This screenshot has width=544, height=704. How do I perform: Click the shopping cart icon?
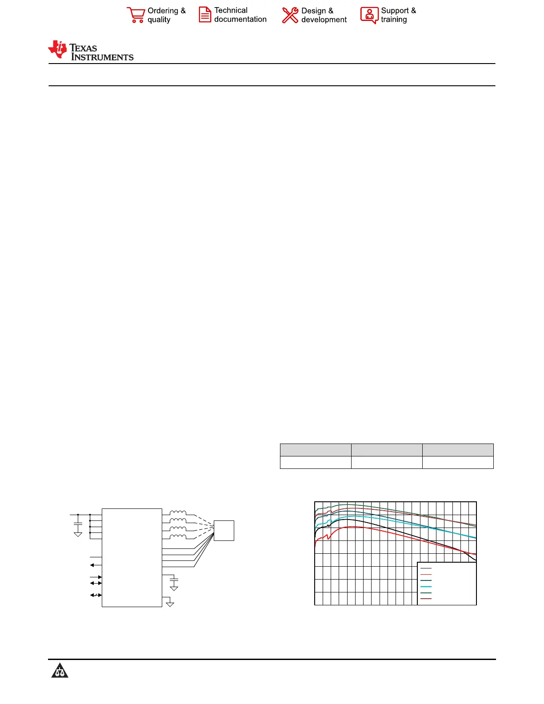[x=136, y=15]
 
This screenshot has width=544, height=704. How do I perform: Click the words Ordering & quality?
[x=167, y=15]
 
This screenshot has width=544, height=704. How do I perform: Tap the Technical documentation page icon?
[x=205, y=15]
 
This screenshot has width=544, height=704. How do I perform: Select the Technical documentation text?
[x=240, y=15]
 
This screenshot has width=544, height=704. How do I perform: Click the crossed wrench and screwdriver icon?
[x=290, y=15]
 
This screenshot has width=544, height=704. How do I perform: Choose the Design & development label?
[x=324, y=15]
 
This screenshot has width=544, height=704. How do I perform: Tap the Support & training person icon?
[x=369, y=15]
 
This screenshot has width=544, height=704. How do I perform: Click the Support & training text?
[x=398, y=15]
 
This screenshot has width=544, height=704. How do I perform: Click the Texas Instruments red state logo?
[x=57, y=49]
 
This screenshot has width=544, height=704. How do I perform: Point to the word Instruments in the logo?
[x=102, y=57]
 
